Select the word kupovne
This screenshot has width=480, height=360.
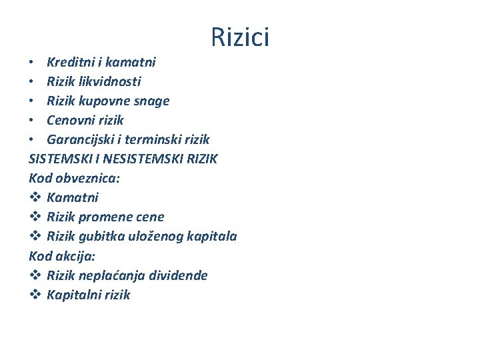coord(109,101)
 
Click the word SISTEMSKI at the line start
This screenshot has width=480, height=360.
coord(59,159)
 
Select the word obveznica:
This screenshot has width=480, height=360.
coord(85,178)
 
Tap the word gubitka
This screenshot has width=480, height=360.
coord(103,236)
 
